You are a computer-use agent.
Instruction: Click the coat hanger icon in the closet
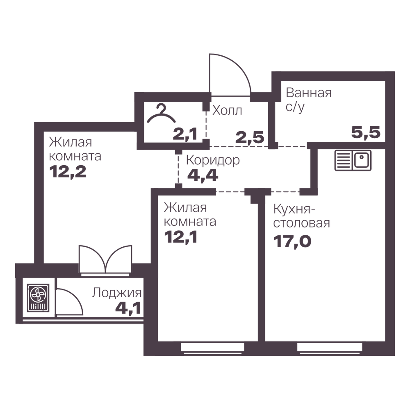161,114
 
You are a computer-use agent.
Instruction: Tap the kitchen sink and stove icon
353,161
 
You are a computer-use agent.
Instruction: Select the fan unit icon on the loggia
38,298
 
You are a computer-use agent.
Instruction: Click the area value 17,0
292,241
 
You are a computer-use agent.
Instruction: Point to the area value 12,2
68,172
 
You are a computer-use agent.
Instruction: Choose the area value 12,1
180,237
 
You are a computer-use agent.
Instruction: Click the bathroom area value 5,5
366,132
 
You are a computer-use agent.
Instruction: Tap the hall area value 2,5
250,137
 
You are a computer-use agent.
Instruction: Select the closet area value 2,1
185,134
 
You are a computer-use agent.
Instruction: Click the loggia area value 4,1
128,308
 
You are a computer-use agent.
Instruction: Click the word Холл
227,111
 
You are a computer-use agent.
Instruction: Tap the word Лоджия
116,293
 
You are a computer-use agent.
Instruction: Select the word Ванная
309,93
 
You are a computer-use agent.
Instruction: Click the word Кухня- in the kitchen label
294,209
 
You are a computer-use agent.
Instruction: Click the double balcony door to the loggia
105,260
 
